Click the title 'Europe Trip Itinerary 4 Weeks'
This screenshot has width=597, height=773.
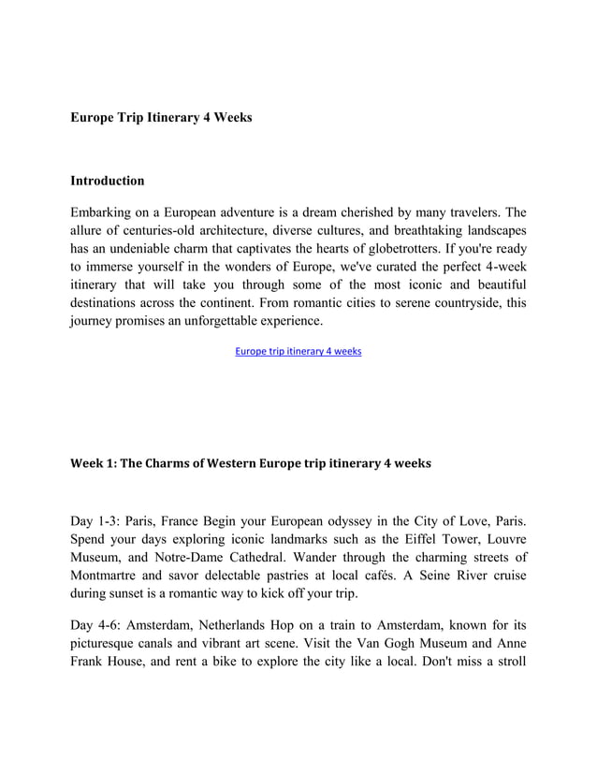(161, 118)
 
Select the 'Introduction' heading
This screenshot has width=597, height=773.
(108, 180)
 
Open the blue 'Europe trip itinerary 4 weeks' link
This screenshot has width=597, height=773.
(298, 352)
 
